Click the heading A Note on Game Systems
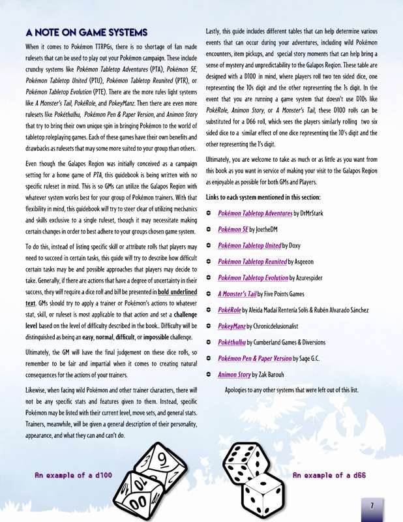[86, 32]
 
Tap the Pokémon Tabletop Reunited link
[252, 262]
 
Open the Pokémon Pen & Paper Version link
[254, 358]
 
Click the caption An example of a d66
[329, 476]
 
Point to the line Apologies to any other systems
[291, 390]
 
